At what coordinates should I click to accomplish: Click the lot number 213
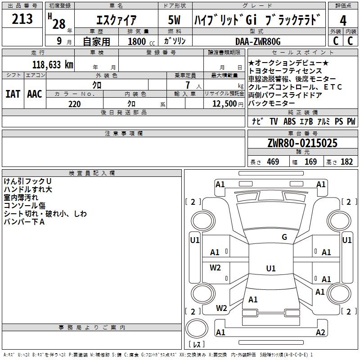click(22, 19)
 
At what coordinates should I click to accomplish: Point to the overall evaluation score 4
click(343, 20)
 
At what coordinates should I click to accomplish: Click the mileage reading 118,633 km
click(53, 64)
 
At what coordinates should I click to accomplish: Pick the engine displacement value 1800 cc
click(139, 41)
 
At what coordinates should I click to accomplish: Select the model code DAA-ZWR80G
click(258, 41)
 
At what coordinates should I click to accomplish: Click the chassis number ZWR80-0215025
click(302, 144)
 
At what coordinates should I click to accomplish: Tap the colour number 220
click(74, 104)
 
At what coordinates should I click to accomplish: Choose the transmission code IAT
click(13, 94)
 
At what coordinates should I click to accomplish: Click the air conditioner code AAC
click(35, 94)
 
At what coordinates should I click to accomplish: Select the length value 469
click(272, 162)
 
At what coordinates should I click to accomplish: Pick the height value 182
click(346, 162)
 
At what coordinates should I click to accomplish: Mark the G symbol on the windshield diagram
click(284, 237)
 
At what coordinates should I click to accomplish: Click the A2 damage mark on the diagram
click(320, 333)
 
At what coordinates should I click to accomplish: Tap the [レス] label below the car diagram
click(197, 345)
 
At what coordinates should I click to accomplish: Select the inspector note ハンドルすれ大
click(28, 189)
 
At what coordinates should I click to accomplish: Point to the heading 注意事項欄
click(124, 134)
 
